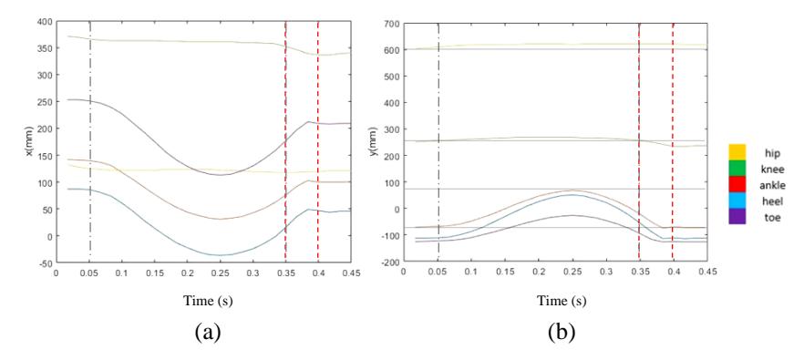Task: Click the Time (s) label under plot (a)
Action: tap(208, 301)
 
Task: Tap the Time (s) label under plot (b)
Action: tap(562, 301)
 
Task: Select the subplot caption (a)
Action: tap(208, 333)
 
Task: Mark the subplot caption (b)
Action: tap(562, 333)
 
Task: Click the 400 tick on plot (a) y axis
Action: tap(46, 22)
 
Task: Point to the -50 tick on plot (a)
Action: tap(46, 263)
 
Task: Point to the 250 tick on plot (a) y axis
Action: tap(46, 102)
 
